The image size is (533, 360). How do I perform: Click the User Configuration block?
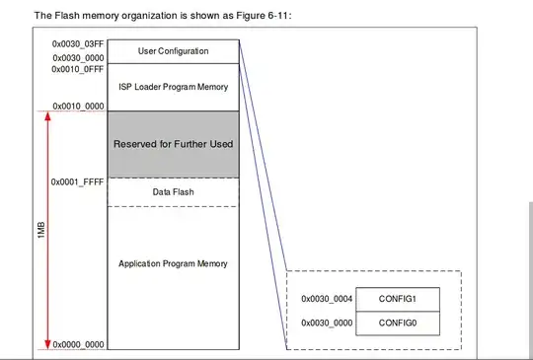point(173,50)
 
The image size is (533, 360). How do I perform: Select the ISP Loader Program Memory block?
point(173,87)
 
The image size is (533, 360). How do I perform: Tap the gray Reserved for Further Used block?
point(173,144)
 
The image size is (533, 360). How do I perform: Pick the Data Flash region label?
point(173,191)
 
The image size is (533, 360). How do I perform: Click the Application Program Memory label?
point(173,263)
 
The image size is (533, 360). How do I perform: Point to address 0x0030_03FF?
point(74,43)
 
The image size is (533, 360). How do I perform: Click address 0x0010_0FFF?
point(74,71)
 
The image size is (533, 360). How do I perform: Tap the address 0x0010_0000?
point(74,106)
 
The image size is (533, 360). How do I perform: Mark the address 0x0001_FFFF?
point(74,182)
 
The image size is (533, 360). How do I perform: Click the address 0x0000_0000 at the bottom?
point(74,344)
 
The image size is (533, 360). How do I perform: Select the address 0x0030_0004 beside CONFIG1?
point(326,297)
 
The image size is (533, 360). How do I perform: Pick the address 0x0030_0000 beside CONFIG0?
point(326,324)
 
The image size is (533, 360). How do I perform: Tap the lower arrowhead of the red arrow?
point(45,342)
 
